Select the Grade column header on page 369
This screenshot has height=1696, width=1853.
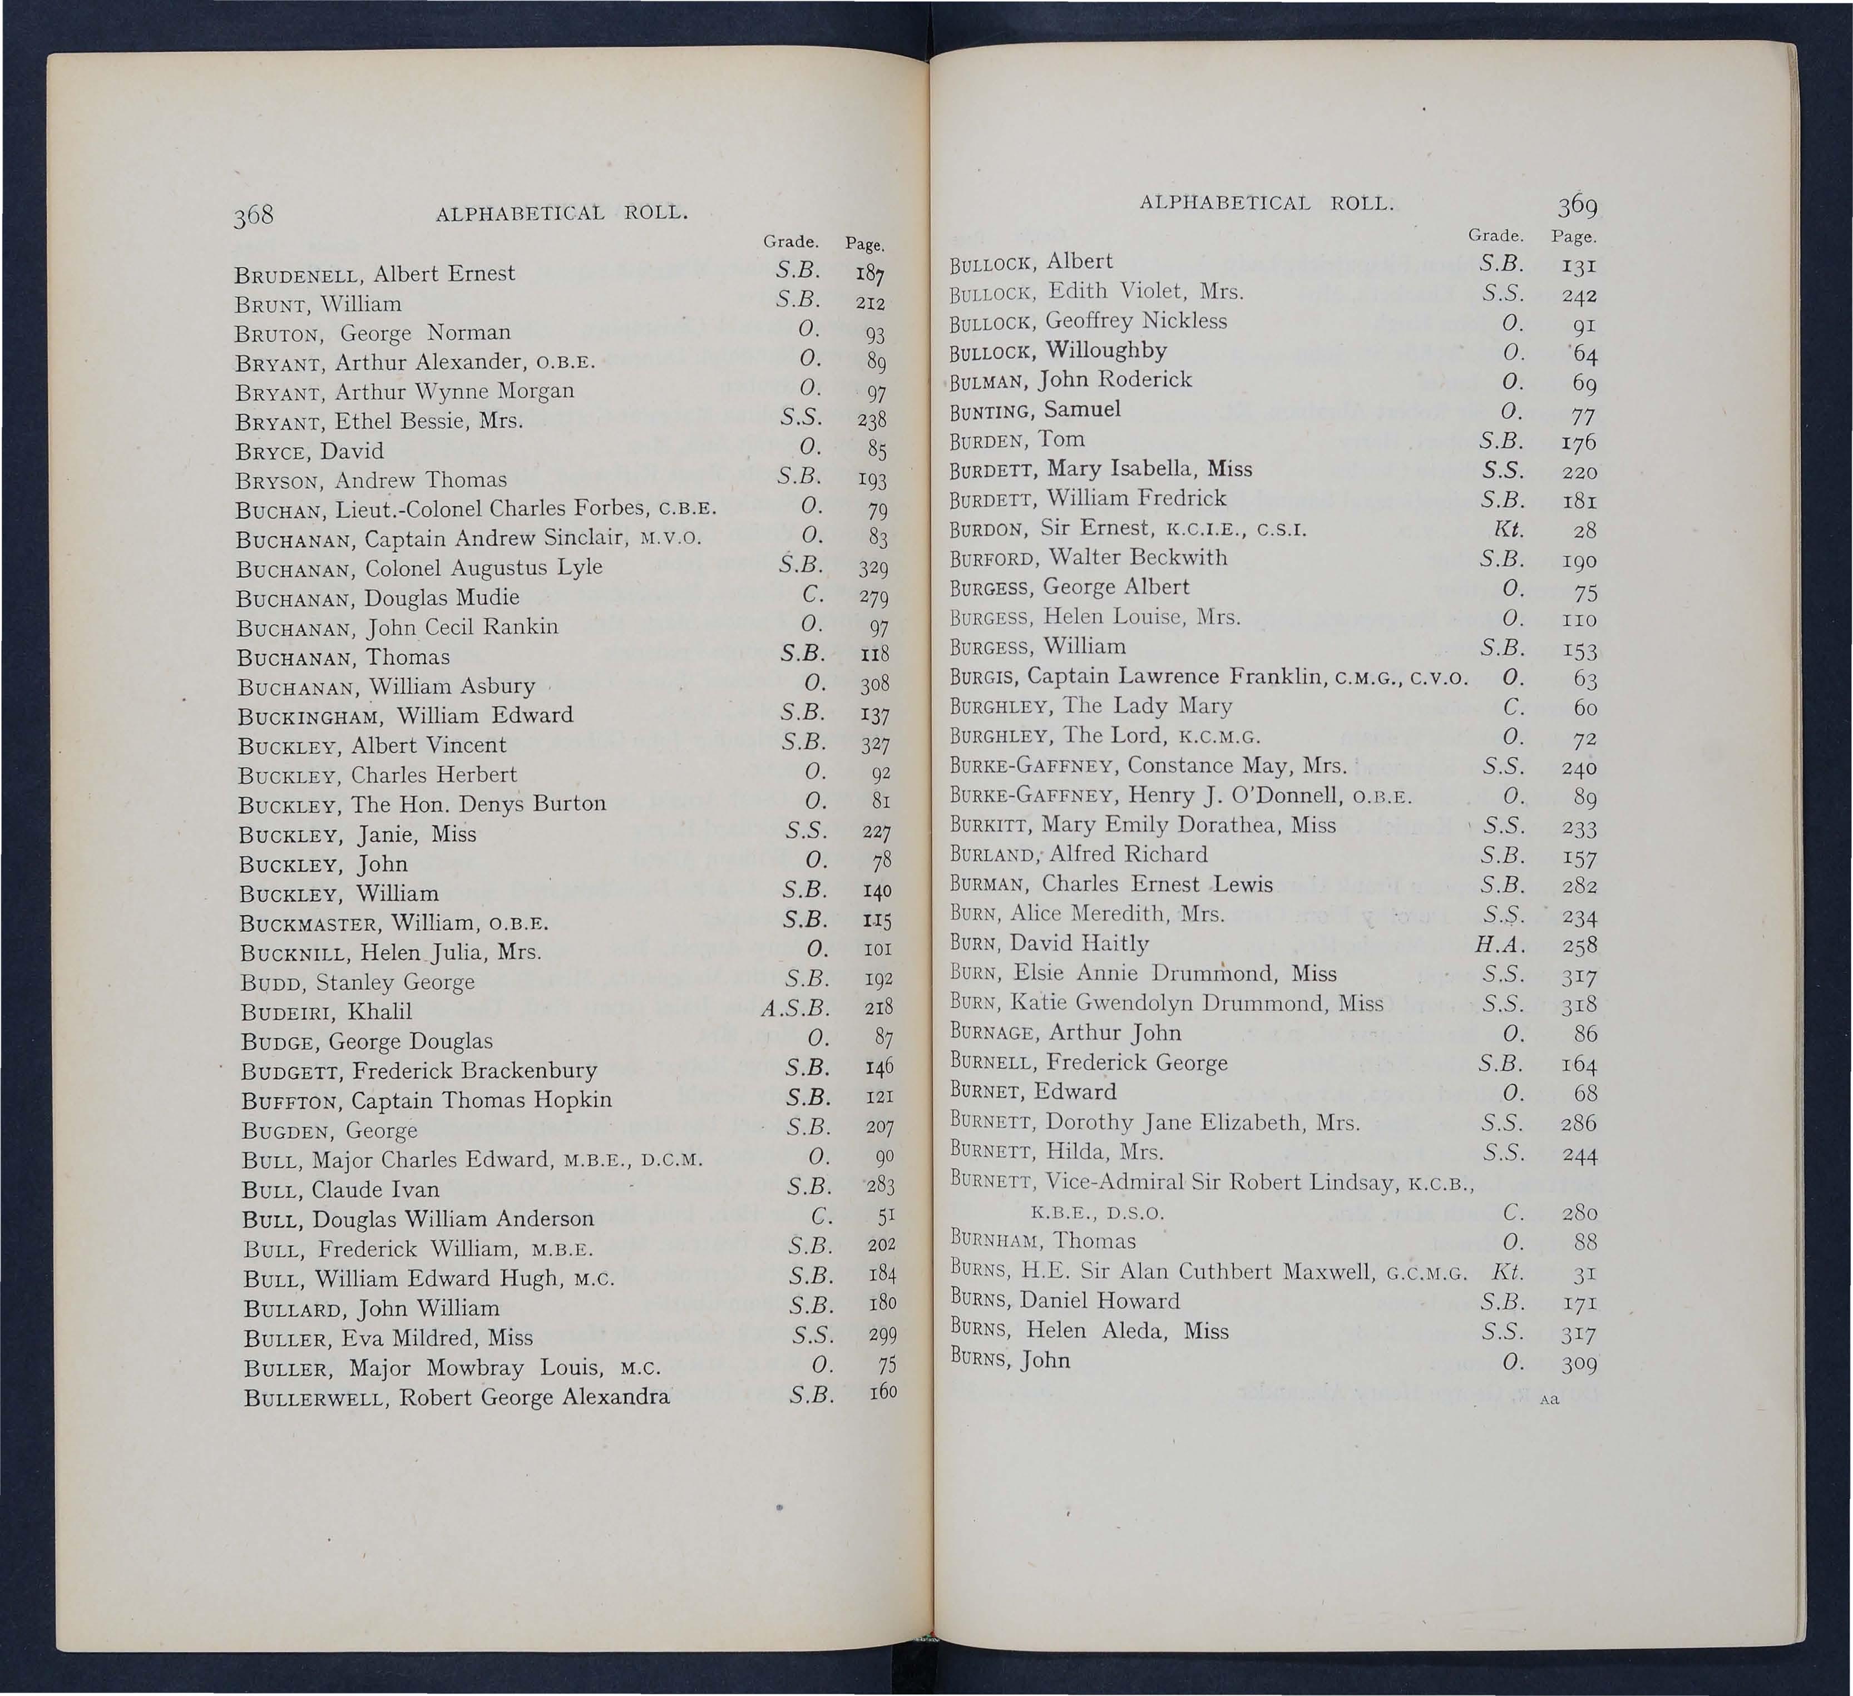1495,235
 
